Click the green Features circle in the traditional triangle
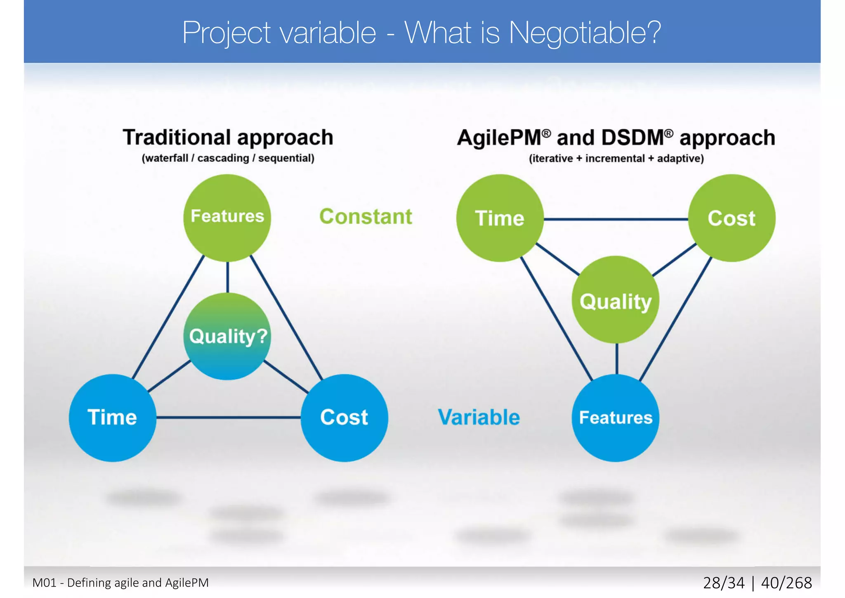click(x=227, y=218)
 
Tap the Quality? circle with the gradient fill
click(x=227, y=336)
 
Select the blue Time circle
click(x=112, y=418)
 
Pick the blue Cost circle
click(x=344, y=418)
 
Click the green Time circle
click(x=500, y=218)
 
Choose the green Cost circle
click(x=732, y=218)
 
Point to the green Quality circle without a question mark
click(x=615, y=300)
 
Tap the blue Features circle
click(x=616, y=418)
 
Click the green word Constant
click(x=366, y=217)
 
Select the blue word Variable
click(x=479, y=418)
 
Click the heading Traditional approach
click(x=228, y=138)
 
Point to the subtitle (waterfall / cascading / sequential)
click(x=228, y=158)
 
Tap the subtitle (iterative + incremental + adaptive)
click(x=616, y=159)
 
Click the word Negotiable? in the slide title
click(x=585, y=33)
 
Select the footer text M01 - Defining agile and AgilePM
click(x=120, y=583)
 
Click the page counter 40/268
click(x=786, y=583)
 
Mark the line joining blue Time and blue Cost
click(x=228, y=418)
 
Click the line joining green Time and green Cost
click(x=616, y=219)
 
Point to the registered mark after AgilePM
click(x=546, y=133)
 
